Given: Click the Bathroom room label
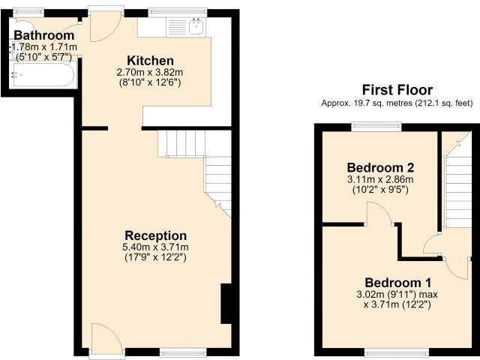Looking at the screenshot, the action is pyautogui.click(x=44, y=35).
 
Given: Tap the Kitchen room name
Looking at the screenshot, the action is pyautogui.click(x=150, y=61).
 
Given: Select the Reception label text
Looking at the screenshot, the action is pyautogui.click(x=155, y=235).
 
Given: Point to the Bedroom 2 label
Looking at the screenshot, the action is pyautogui.click(x=380, y=168).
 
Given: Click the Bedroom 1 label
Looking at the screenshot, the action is pyautogui.click(x=398, y=283).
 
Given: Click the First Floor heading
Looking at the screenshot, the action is pyautogui.click(x=397, y=90).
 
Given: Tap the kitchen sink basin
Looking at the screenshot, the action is pyautogui.click(x=196, y=27).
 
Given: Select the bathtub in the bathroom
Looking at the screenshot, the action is pyautogui.click(x=42, y=75).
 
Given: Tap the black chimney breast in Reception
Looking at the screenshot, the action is pyautogui.click(x=226, y=304).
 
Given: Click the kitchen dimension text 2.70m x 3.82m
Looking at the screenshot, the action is pyautogui.click(x=150, y=73).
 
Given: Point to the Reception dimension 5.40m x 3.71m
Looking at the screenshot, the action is pyautogui.click(x=155, y=247).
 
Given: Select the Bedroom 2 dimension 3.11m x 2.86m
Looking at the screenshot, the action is pyautogui.click(x=380, y=179).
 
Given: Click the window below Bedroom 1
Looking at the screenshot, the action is pyautogui.click(x=398, y=352).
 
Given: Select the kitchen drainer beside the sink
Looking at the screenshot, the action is pyautogui.click(x=177, y=27).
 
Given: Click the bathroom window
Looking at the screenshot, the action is pyautogui.click(x=28, y=13).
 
